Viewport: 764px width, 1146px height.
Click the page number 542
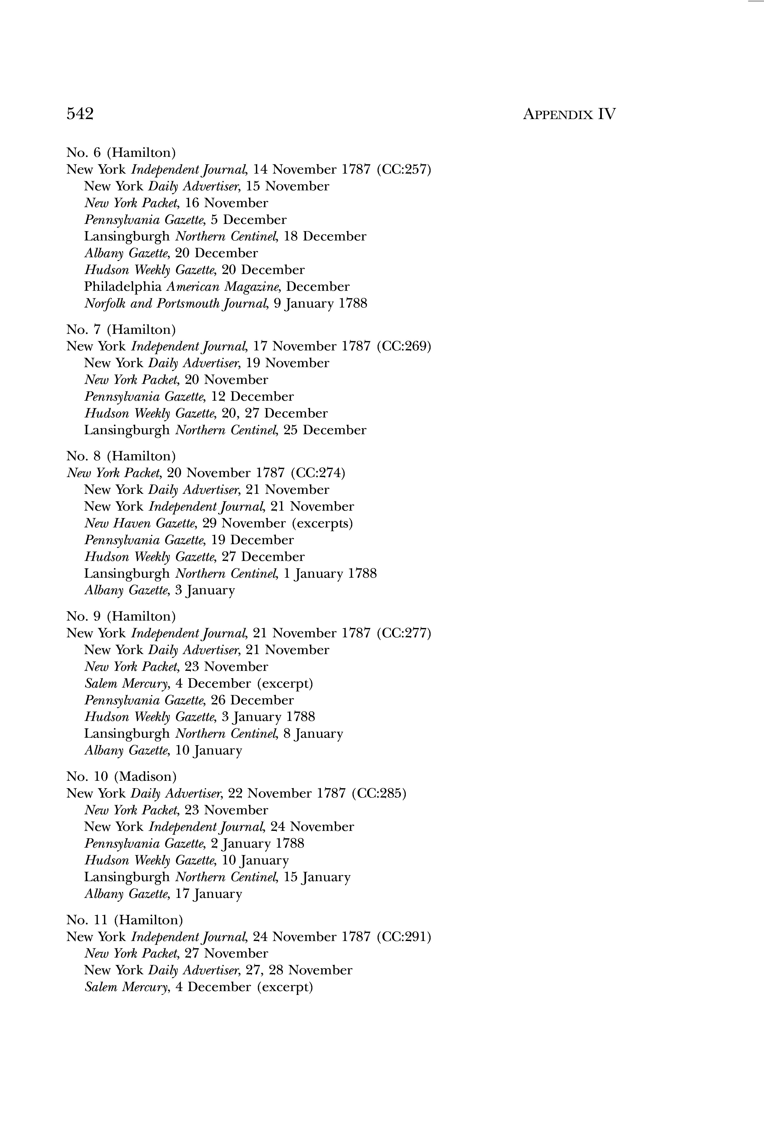click(80, 114)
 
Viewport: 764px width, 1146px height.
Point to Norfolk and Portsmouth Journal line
click(225, 303)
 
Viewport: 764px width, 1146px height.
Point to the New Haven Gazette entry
click(218, 523)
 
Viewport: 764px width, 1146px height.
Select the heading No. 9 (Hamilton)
click(121, 616)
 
